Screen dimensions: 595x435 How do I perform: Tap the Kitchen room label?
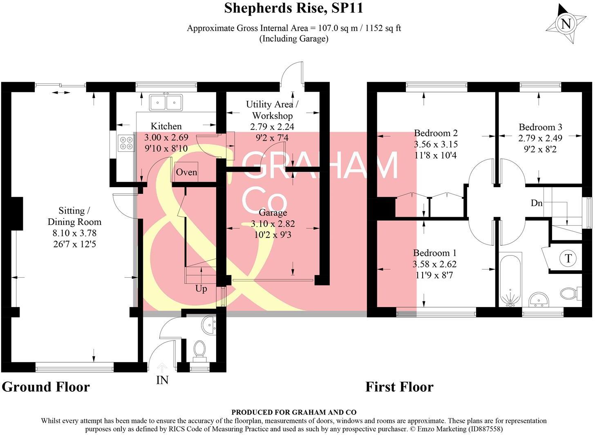click(x=166, y=126)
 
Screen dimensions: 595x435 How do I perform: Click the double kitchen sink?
click(x=166, y=102)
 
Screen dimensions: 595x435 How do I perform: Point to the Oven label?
click(x=186, y=172)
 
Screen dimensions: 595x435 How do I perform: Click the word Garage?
click(x=273, y=213)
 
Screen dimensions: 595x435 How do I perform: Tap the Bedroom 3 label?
click(x=540, y=127)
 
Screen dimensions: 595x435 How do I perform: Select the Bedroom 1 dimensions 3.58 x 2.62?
click(x=434, y=264)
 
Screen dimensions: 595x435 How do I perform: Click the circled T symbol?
click(x=568, y=258)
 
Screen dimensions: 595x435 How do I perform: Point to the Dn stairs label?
click(x=536, y=203)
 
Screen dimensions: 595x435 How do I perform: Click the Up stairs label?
click(x=201, y=289)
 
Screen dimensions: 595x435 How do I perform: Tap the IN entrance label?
click(x=162, y=380)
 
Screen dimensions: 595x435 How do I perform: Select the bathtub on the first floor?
click(x=510, y=279)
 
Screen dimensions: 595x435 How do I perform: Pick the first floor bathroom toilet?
click(x=571, y=293)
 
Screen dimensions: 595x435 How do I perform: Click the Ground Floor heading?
click(x=46, y=387)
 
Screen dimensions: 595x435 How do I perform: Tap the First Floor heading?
click(x=400, y=387)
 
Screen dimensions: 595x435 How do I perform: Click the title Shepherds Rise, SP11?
click(x=293, y=8)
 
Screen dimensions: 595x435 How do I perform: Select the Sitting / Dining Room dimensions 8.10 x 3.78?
click(x=74, y=233)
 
